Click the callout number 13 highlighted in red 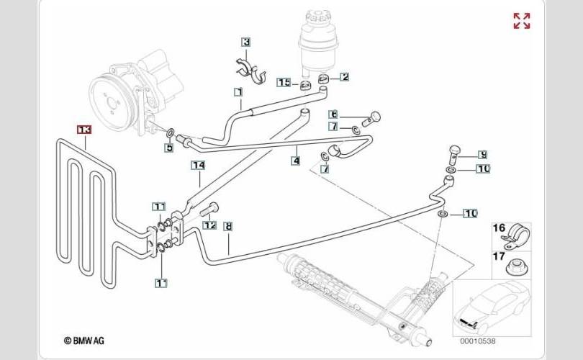click(84, 130)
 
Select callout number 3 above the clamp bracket click(246, 42)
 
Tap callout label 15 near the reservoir click(284, 83)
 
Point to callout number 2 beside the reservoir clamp click(344, 77)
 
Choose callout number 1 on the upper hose click(237, 92)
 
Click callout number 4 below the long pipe click(295, 161)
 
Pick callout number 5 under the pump click(169, 148)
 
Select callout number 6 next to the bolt click(334, 114)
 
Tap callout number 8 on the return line click(229, 226)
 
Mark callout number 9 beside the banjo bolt click(483, 154)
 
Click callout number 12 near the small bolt click(210, 225)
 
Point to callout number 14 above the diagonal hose click(198, 166)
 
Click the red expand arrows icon click(522, 21)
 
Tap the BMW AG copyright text click(83, 340)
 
